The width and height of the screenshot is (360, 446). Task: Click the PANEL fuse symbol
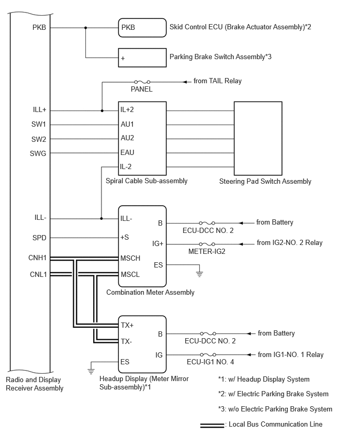142,82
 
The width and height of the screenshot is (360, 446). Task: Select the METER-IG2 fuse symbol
207,244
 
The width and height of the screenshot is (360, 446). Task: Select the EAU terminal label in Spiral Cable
127,153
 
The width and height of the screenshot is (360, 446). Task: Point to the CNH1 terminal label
38,258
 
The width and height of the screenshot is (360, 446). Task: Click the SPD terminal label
39,238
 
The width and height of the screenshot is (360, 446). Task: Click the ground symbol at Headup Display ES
91,367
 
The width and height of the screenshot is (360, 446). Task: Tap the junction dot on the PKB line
86,28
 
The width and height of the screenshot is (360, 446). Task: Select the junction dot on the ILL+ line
102,110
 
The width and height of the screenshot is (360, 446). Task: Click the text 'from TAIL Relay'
217,81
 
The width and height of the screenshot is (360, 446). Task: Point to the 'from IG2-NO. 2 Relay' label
289,243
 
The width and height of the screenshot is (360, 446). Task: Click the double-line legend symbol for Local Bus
212,425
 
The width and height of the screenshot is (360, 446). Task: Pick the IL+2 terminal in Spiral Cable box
127,110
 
